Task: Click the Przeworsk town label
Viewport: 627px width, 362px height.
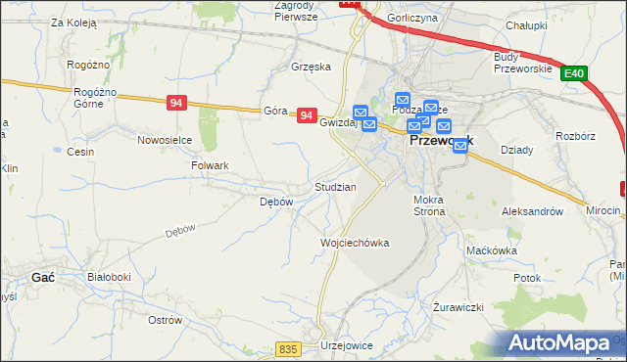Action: tap(440, 141)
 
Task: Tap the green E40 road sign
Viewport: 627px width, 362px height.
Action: tap(575, 72)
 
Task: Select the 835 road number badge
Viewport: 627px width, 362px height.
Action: tap(286, 349)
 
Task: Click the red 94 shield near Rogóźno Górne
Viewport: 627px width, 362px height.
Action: tap(177, 102)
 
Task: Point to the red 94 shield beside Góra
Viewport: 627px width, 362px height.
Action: tap(307, 115)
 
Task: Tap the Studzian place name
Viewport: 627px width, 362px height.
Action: tap(334, 186)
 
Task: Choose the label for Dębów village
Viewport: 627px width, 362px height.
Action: tap(275, 202)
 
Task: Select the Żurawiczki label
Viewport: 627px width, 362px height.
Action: tap(458, 307)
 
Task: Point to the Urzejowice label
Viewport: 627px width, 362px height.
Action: tap(349, 346)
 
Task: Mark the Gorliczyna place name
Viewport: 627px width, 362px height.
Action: tap(412, 18)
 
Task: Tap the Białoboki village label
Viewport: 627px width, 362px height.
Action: tap(109, 277)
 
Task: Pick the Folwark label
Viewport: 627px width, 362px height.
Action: tap(209, 166)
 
